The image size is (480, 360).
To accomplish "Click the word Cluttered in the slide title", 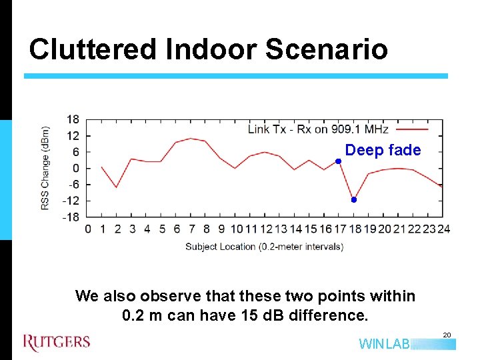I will tap(91, 49).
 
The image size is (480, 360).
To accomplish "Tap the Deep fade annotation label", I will tap(383, 150).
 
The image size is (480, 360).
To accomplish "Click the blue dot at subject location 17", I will tap(338, 161).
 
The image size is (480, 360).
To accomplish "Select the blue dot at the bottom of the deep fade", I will tap(354, 199).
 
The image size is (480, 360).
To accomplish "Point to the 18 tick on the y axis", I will tap(73, 119).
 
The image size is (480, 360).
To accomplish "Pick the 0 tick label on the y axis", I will tap(76, 168).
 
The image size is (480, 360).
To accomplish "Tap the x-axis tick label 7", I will tap(191, 229).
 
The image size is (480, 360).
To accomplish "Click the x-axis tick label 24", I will tap(443, 229).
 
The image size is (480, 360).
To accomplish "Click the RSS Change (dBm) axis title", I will tap(45, 168).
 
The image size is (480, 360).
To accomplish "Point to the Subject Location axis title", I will tap(264, 246).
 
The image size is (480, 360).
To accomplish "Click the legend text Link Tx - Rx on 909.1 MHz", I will tap(318, 129).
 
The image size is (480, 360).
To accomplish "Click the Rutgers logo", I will tap(57, 343).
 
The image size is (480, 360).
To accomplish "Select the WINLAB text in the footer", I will tap(384, 344).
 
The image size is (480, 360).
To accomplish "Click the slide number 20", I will tap(447, 335).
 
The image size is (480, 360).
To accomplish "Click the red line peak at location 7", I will tap(191, 139).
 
